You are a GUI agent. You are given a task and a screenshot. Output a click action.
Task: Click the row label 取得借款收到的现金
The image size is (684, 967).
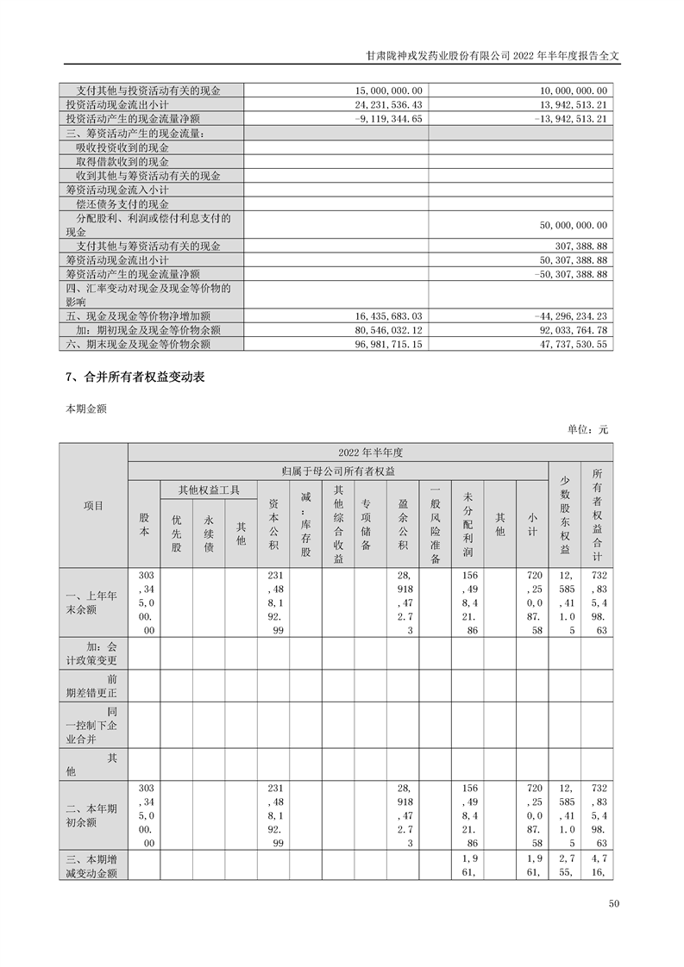(x=122, y=162)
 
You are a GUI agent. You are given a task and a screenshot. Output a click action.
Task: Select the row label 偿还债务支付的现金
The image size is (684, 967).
(x=122, y=204)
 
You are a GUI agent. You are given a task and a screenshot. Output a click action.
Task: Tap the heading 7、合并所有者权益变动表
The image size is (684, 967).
(x=135, y=377)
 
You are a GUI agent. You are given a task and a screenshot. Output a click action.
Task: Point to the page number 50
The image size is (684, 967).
(x=614, y=904)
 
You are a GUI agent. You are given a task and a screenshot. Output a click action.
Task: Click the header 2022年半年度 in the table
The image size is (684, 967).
(x=371, y=452)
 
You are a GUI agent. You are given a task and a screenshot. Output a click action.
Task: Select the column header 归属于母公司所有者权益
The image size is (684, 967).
(x=337, y=471)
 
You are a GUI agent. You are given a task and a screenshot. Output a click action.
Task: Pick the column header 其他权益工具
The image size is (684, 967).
(x=208, y=490)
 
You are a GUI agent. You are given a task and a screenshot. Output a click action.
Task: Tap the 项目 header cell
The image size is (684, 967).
(x=93, y=505)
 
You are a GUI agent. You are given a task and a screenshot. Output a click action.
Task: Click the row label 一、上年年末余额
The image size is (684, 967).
(x=93, y=601)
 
